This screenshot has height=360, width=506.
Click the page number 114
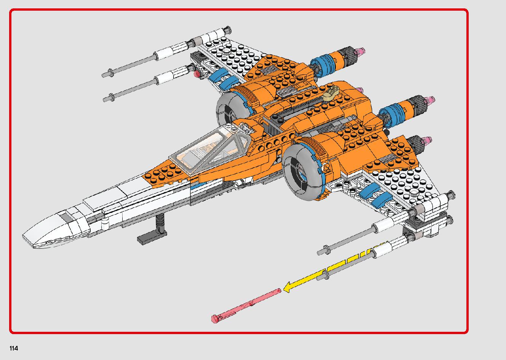click(x=14, y=348)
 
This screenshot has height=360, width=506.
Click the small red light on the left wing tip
click(x=197, y=74)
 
